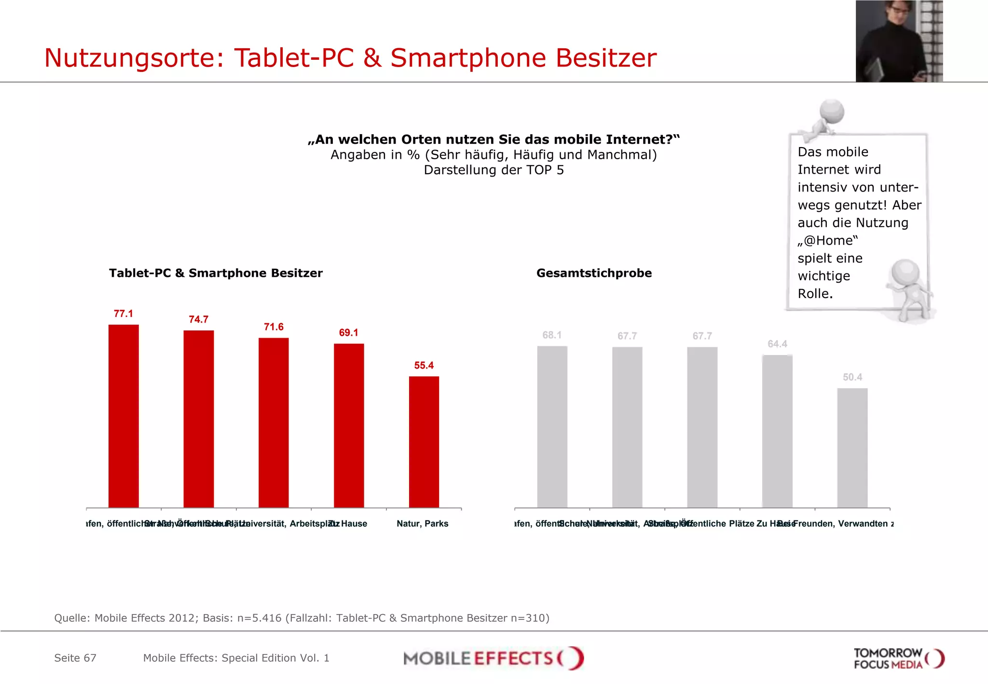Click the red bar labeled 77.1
click(123, 416)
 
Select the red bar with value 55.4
click(424, 442)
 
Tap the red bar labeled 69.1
click(349, 425)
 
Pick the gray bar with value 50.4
click(852, 448)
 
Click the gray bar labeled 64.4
click(777, 431)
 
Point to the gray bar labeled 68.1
click(552, 426)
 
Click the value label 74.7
click(198, 320)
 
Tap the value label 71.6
click(274, 327)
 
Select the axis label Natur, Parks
click(422, 524)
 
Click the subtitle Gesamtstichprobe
click(594, 274)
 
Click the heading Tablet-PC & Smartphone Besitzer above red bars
click(216, 274)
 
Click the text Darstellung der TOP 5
click(494, 170)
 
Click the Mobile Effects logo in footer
click(493, 658)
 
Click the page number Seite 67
click(75, 658)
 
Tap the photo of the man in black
click(899, 41)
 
